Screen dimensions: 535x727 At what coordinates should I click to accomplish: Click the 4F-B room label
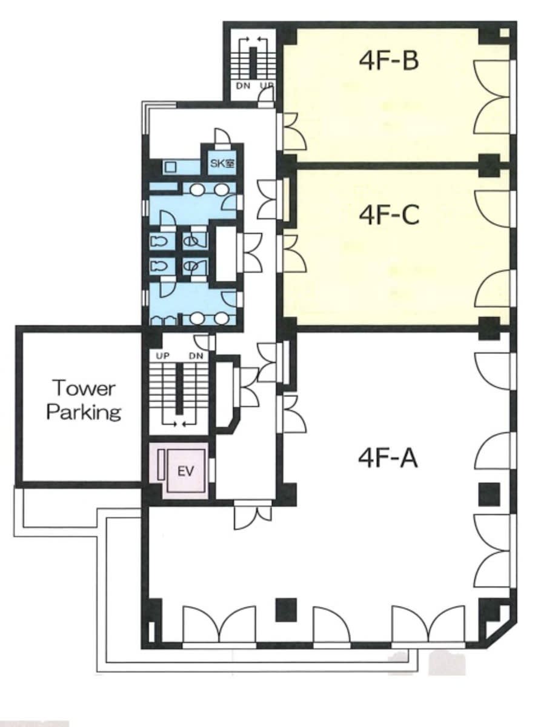[x=388, y=61]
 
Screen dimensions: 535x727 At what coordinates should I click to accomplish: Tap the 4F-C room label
[x=389, y=215]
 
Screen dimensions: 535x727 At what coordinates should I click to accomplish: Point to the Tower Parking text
[x=84, y=400]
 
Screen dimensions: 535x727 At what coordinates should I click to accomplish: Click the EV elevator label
[x=185, y=471]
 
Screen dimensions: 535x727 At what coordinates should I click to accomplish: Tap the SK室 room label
[x=222, y=163]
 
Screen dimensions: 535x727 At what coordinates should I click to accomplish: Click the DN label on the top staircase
[x=243, y=86]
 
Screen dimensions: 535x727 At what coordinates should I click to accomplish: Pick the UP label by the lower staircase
[x=162, y=356]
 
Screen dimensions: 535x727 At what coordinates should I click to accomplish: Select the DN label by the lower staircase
[x=196, y=356]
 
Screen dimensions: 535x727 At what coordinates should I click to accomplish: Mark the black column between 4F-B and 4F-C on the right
[x=490, y=165]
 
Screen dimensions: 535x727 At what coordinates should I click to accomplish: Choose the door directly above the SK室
[x=221, y=136]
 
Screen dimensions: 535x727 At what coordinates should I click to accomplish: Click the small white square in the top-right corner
[x=504, y=33]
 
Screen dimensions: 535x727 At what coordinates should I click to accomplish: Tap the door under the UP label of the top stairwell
[x=266, y=97]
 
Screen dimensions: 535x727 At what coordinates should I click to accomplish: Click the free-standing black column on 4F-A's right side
[x=490, y=494]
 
